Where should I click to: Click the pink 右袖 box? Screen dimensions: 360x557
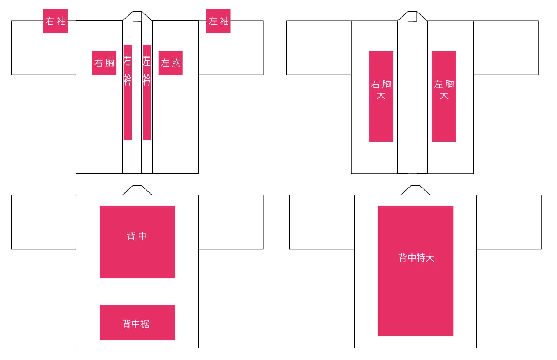point(55,21)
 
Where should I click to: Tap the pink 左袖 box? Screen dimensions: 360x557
point(218,21)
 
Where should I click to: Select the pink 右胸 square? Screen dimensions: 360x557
point(104,63)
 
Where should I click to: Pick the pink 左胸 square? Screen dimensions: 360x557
point(170,63)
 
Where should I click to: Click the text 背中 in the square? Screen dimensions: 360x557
point(137,236)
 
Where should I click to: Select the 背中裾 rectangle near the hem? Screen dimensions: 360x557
point(137,322)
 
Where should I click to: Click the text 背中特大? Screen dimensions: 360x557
point(416,258)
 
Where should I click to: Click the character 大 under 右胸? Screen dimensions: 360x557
point(381,95)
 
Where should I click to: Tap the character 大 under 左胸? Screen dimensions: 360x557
point(444,95)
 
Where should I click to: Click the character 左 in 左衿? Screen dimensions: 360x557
point(147,60)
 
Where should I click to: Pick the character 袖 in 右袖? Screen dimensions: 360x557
point(62,21)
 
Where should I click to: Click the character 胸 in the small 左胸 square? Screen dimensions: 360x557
point(176,63)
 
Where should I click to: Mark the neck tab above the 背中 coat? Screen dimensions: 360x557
point(137,190)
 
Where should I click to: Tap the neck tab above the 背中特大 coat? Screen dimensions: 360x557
point(415,190)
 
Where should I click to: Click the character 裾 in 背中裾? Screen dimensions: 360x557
point(145,324)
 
